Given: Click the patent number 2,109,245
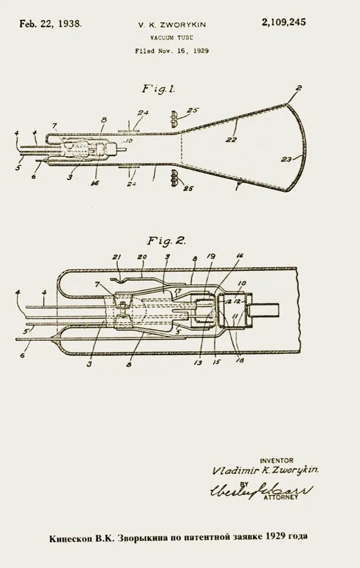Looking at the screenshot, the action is click(x=283, y=22).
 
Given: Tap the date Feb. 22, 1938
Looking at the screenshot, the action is click(x=50, y=23).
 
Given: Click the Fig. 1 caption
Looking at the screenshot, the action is click(x=159, y=89).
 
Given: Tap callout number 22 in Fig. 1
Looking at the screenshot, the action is click(x=231, y=140).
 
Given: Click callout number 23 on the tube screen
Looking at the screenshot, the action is click(x=286, y=160).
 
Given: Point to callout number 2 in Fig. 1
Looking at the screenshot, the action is click(x=299, y=88).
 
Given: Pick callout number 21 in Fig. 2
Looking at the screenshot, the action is click(x=116, y=257).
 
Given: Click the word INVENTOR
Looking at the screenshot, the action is click(x=277, y=460).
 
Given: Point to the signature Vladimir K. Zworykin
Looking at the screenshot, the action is click(x=265, y=470).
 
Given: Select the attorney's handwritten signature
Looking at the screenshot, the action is click(x=261, y=489).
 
